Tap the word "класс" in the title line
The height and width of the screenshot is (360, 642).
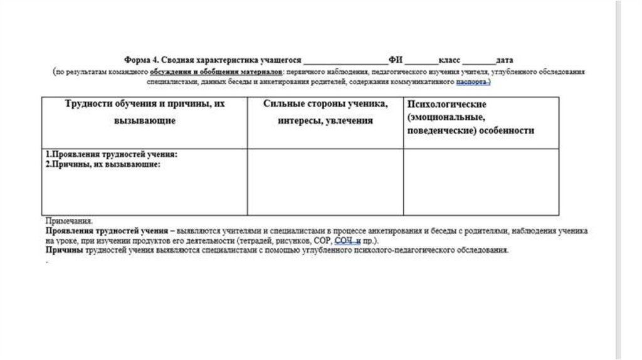(450, 60)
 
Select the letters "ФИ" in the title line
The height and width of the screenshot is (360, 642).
(395, 60)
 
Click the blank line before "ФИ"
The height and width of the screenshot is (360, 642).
(345, 61)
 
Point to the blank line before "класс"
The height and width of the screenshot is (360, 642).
(421, 61)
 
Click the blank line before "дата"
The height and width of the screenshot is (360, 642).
(478, 61)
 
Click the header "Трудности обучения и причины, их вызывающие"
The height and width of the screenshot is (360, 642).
(145, 112)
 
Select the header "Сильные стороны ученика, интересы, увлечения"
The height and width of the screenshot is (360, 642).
(325, 112)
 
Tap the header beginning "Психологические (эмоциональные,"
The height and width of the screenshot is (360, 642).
(470, 117)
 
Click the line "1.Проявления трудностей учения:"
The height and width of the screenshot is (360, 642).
(112, 154)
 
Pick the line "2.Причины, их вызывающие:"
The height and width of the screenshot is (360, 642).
(103, 164)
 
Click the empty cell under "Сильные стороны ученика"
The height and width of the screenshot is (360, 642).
(325, 182)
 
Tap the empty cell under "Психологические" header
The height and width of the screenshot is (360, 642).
(481, 182)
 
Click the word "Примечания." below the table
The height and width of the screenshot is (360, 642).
(69, 221)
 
